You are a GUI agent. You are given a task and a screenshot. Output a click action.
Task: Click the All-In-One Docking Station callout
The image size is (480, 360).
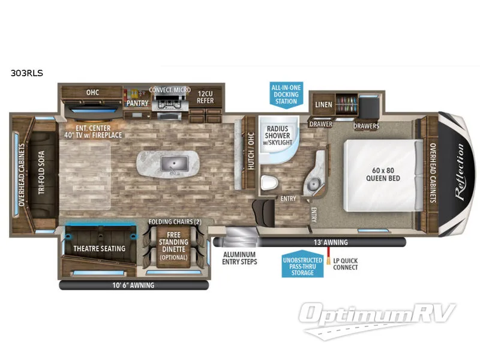[x=286, y=94]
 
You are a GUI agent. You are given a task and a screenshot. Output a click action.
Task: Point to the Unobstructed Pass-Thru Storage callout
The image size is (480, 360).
[x=298, y=265]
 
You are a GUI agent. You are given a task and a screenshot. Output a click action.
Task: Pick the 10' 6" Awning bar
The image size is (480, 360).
[x=131, y=286]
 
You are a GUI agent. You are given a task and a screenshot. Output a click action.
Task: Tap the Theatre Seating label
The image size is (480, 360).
[x=99, y=248]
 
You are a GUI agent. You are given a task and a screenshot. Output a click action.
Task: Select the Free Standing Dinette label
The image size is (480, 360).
[x=173, y=246]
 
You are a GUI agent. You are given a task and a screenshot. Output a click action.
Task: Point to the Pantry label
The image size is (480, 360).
[x=137, y=103]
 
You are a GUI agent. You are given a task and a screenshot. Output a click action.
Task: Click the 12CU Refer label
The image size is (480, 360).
[x=205, y=97]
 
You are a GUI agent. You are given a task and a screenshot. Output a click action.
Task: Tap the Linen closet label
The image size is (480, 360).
[x=323, y=104]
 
